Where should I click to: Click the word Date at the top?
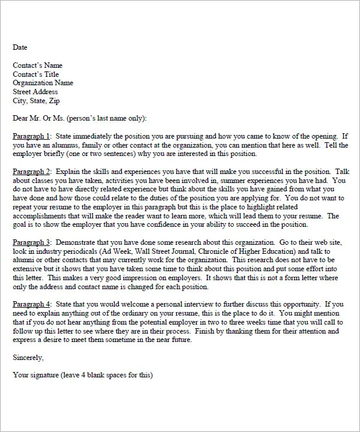[20, 47]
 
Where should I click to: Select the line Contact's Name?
[37, 65]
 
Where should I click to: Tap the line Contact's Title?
[36, 74]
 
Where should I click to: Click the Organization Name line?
[43, 83]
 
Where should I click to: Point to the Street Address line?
[35, 92]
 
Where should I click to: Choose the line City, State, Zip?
[37, 101]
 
